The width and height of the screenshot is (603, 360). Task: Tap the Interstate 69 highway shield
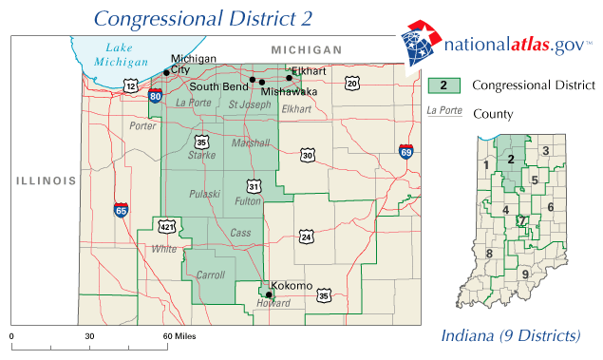(x=405, y=151)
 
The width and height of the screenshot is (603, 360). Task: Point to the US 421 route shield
(x=166, y=227)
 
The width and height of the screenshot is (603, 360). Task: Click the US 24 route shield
(x=306, y=236)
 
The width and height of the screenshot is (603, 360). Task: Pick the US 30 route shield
(x=307, y=155)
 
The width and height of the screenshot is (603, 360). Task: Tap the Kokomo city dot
(x=269, y=294)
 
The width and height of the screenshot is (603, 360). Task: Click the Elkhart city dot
(x=290, y=78)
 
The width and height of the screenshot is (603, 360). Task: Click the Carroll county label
(x=210, y=275)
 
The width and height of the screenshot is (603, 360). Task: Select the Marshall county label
(x=252, y=143)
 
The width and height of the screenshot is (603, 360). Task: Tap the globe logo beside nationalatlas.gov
(x=417, y=45)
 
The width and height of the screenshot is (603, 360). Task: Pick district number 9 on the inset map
(x=525, y=275)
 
